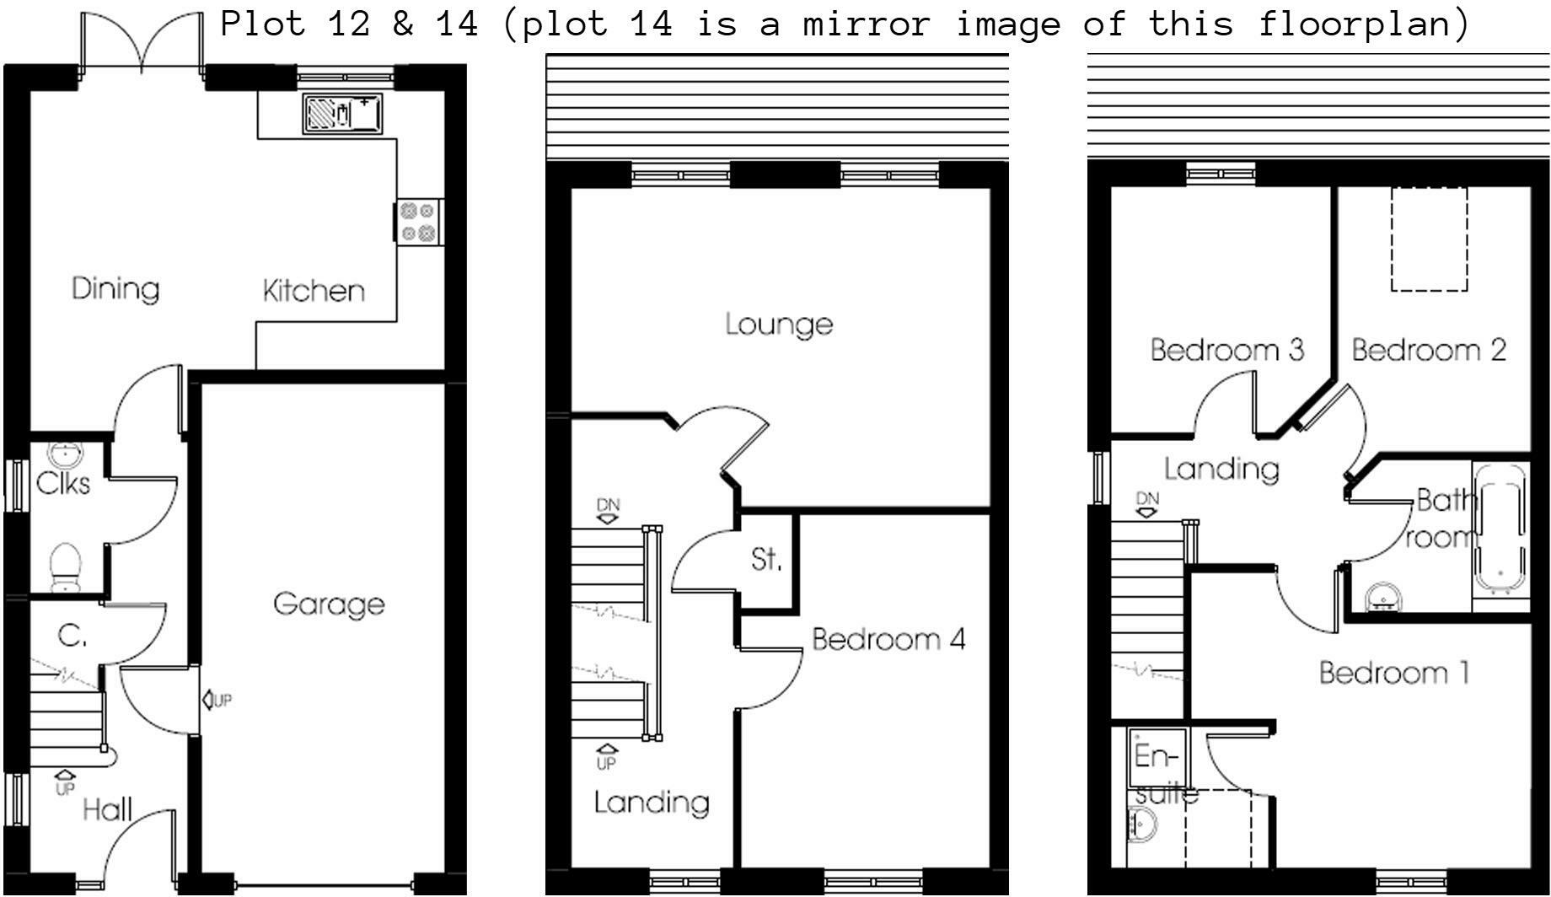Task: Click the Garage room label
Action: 329,604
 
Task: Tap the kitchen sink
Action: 341,113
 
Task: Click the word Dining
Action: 115,289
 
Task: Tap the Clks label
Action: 63,483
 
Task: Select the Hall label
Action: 108,810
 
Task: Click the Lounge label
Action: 779,325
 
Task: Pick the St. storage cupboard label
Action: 766,559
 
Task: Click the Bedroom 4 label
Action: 888,639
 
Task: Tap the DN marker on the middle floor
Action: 608,511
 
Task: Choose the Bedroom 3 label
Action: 1227,349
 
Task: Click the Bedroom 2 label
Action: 1429,349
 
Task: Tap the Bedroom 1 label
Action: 1394,673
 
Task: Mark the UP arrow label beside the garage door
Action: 217,700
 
